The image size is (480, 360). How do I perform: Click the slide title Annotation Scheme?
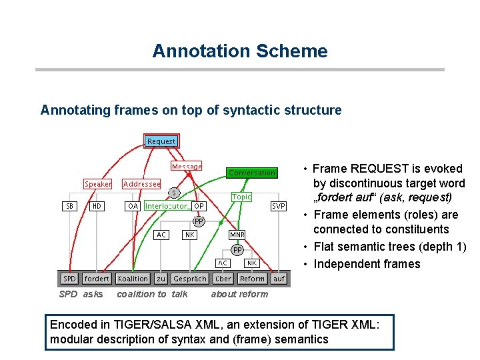(x=240, y=51)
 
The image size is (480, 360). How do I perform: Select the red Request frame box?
(x=161, y=141)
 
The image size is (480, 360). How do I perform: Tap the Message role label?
(x=187, y=167)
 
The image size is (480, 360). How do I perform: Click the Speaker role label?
(x=98, y=184)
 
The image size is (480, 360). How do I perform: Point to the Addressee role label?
(x=142, y=184)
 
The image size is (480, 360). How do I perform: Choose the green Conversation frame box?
(x=251, y=173)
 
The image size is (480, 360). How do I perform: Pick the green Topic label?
(x=241, y=197)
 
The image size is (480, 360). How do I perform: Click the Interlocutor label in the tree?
(x=165, y=207)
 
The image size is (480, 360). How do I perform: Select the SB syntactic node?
(x=70, y=207)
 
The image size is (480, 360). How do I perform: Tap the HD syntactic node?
(x=97, y=207)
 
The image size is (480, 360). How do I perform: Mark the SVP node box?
(x=279, y=207)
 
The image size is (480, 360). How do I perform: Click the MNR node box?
(x=237, y=235)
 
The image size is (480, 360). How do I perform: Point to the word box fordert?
(x=97, y=279)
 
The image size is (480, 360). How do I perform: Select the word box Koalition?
(x=133, y=279)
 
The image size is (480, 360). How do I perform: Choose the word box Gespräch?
(x=190, y=279)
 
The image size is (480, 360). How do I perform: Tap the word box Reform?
(x=252, y=279)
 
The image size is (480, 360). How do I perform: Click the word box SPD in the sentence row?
(x=69, y=279)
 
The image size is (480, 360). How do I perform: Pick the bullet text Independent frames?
(x=367, y=264)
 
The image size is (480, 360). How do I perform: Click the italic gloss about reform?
(x=239, y=294)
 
